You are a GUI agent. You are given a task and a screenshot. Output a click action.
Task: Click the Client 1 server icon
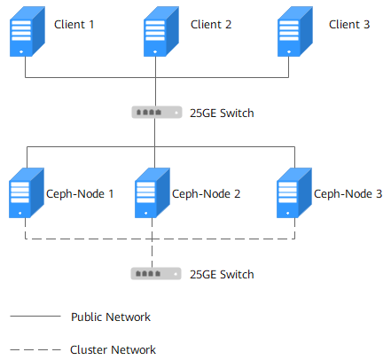pos(27,31)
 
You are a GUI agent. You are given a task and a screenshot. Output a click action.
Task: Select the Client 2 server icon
pos(161,31)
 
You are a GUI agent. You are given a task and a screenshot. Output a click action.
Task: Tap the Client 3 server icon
pos(295,31)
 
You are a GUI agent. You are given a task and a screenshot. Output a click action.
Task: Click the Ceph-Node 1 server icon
pos(27,193)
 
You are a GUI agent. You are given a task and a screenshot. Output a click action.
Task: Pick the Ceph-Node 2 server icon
pos(152,193)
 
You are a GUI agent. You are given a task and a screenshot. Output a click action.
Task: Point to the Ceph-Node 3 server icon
pos(294,193)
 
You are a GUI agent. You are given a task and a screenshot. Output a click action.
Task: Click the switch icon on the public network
pos(157,113)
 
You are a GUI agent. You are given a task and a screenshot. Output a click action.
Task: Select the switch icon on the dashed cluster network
pos(156,274)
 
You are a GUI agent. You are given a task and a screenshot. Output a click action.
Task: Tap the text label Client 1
pos(74,24)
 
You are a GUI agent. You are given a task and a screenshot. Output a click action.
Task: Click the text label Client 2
pos(211,24)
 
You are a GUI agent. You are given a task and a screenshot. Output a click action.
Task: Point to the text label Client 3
pos(349,24)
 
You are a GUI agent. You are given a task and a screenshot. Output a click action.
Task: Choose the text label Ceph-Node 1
pos(80,194)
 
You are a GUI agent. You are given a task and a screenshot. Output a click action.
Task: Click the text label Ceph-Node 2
pos(206,194)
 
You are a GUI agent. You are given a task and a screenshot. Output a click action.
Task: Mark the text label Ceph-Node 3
pos(348,194)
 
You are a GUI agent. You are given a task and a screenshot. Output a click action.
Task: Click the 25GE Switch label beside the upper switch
pos(222,113)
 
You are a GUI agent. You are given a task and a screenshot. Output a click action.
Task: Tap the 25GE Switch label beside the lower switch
pos(222,274)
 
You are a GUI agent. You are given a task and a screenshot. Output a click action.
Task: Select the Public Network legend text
pos(111,317)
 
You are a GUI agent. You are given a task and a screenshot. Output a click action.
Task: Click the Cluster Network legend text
pos(113,349)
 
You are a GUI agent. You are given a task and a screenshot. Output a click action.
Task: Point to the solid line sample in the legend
pos(35,316)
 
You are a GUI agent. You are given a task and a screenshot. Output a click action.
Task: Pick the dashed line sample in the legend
pos(35,349)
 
